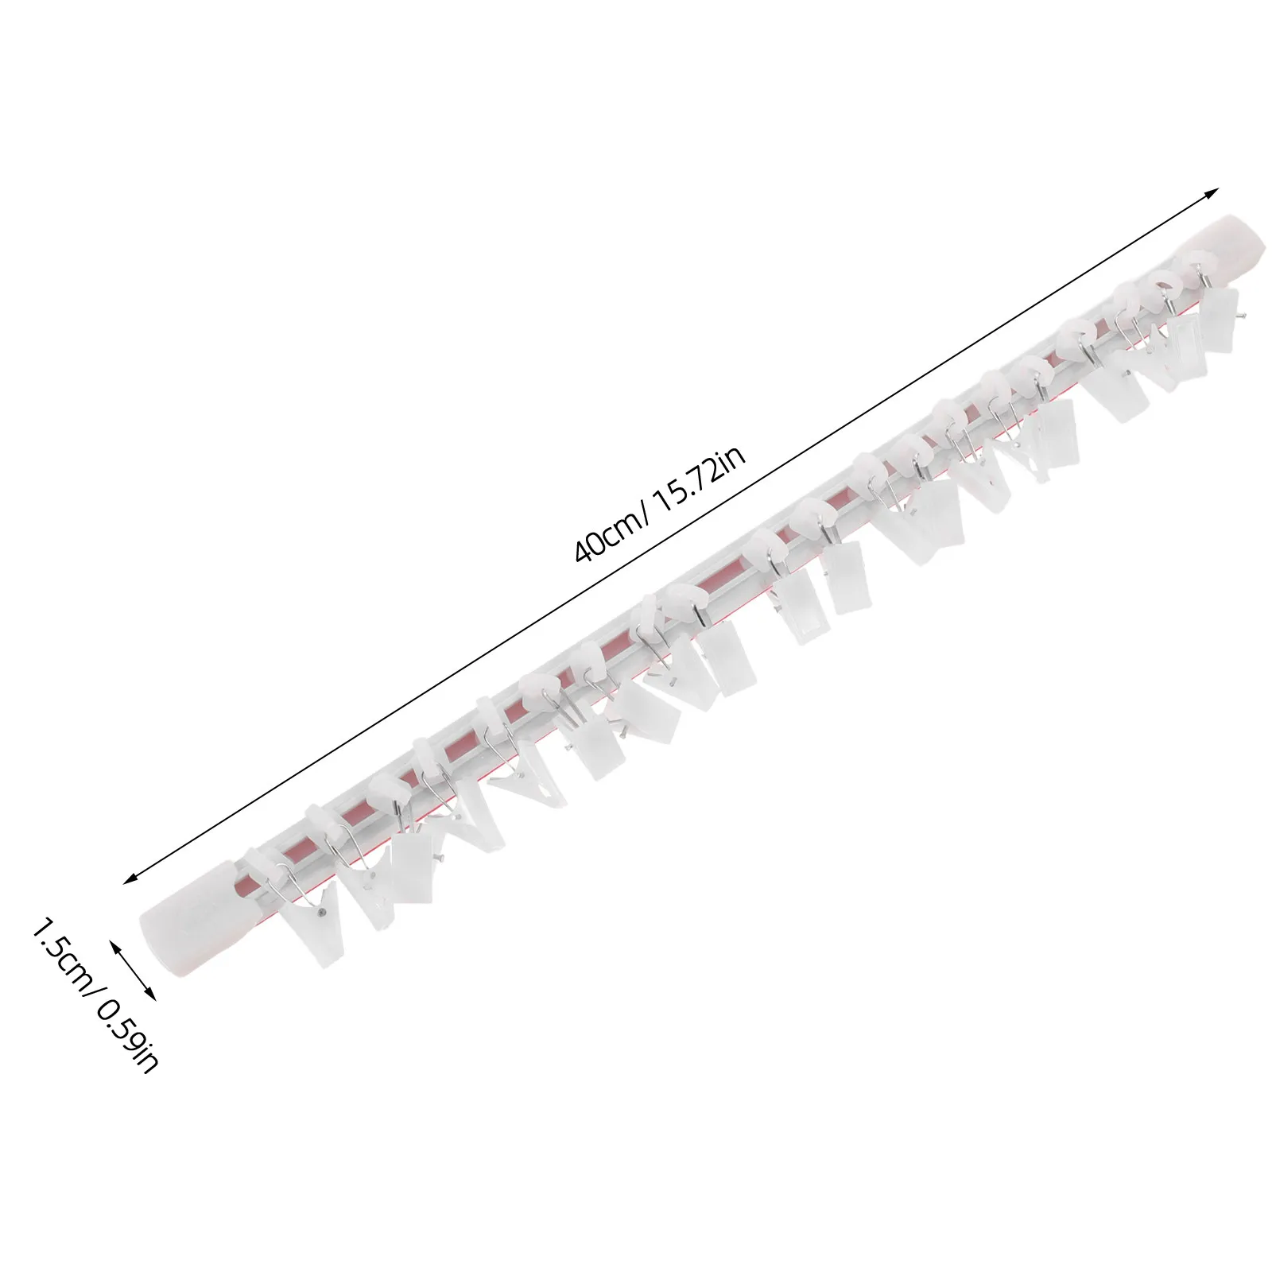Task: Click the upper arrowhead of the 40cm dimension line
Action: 1212,193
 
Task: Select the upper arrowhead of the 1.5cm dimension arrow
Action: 114,944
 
